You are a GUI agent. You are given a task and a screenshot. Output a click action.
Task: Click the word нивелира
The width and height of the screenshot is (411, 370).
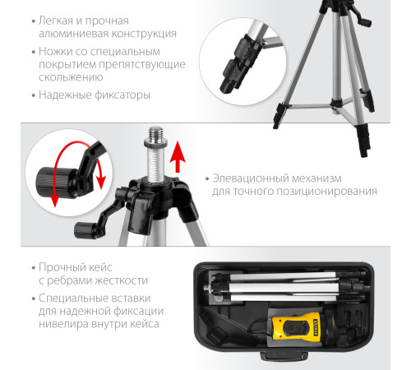[x=67, y=328]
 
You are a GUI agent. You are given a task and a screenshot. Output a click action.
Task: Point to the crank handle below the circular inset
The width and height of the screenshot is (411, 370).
[x=85, y=228]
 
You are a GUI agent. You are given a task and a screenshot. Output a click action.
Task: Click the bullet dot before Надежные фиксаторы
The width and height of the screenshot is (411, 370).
[x=29, y=95]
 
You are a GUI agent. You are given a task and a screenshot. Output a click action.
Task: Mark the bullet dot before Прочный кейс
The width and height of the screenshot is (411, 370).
[x=29, y=268]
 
